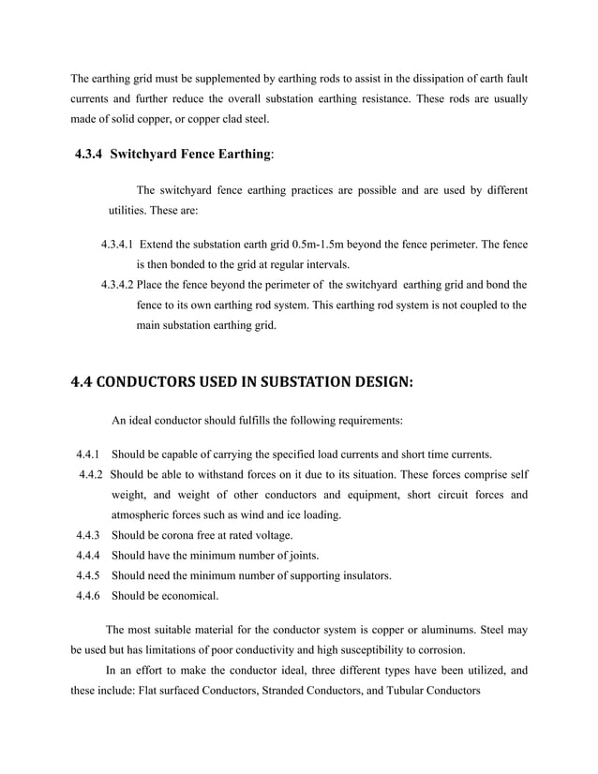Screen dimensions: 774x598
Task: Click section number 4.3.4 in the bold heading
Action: pyautogui.click(x=97, y=154)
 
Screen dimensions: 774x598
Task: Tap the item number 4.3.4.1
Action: pyautogui.click(x=117, y=245)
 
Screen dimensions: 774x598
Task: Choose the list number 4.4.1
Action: pyautogui.click(x=90, y=454)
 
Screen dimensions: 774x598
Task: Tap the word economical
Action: pyautogui.click(x=190, y=595)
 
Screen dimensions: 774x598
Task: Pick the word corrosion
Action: pyautogui.click(x=435, y=649)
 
